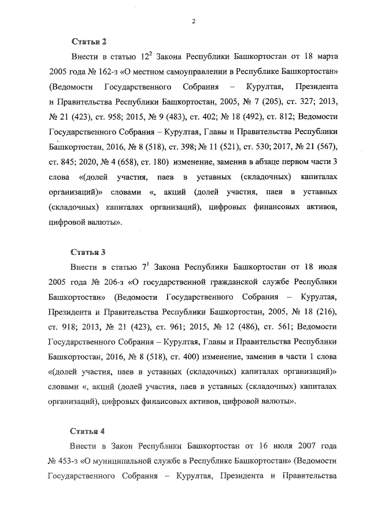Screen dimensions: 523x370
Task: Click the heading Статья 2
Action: (x=88, y=42)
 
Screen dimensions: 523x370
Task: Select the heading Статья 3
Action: (x=88, y=253)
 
